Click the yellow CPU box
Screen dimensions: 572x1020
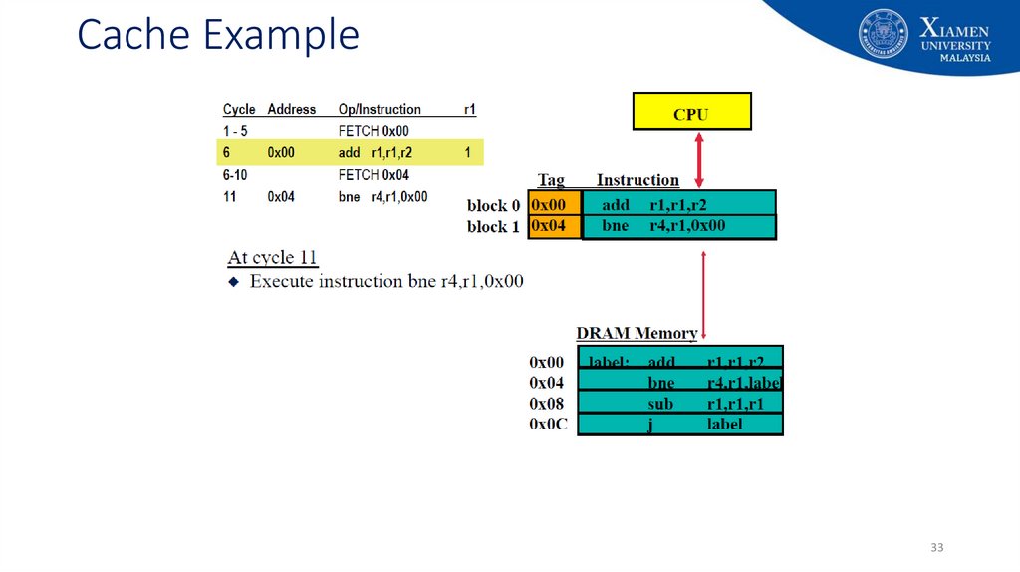coord(691,112)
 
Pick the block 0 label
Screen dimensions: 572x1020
coord(494,206)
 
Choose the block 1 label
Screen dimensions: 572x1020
coord(494,227)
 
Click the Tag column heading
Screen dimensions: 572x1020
coord(551,180)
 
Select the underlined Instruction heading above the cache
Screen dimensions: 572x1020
coord(637,180)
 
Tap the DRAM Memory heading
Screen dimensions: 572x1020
coord(637,333)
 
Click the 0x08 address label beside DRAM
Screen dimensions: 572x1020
coord(547,404)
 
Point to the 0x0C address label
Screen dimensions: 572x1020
coord(547,425)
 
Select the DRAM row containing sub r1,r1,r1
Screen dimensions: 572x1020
coord(680,403)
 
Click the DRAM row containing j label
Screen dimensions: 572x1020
coord(680,425)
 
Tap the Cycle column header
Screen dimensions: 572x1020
coord(239,109)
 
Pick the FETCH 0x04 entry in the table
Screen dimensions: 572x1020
coord(374,175)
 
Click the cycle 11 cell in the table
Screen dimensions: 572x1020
coord(230,197)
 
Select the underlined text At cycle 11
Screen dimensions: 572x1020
coord(272,258)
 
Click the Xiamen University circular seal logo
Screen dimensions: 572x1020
coord(884,34)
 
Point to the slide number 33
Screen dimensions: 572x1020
coord(936,548)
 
